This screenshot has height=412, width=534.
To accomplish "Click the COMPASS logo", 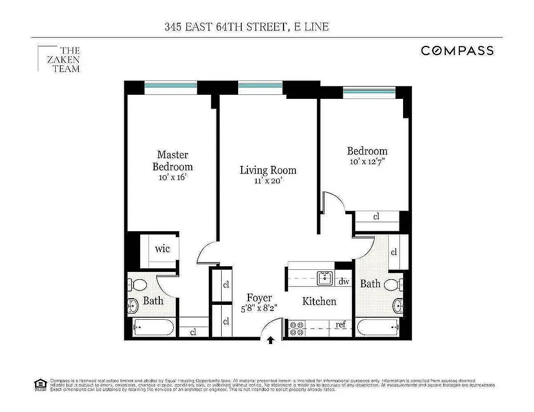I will click(457, 50).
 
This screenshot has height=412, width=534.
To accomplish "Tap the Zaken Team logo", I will click(59, 59).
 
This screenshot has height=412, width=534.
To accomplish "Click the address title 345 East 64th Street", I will click(246, 27).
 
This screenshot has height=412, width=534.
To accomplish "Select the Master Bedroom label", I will click(173, 161).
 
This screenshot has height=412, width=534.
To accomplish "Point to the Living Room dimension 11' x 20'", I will click(268, 181).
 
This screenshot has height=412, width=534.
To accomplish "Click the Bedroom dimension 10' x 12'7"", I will click(367, 162).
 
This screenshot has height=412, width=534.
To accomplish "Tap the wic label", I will click(162, 249).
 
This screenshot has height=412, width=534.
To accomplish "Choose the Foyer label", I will click(259, 298).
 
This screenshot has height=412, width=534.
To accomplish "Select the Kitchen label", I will click(319, 301).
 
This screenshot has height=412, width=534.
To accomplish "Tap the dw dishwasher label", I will click(344, 281).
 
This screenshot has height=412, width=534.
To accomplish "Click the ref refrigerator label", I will click(341, 324).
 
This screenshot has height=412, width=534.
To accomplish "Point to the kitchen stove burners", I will click(296, 328).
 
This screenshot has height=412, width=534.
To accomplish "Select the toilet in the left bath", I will click(137, 284).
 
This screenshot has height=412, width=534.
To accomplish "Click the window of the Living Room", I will click(260, 89).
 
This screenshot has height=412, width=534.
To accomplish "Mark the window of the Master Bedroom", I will click(171, 88).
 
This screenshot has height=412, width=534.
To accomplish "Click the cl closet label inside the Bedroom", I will click(376, 216).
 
